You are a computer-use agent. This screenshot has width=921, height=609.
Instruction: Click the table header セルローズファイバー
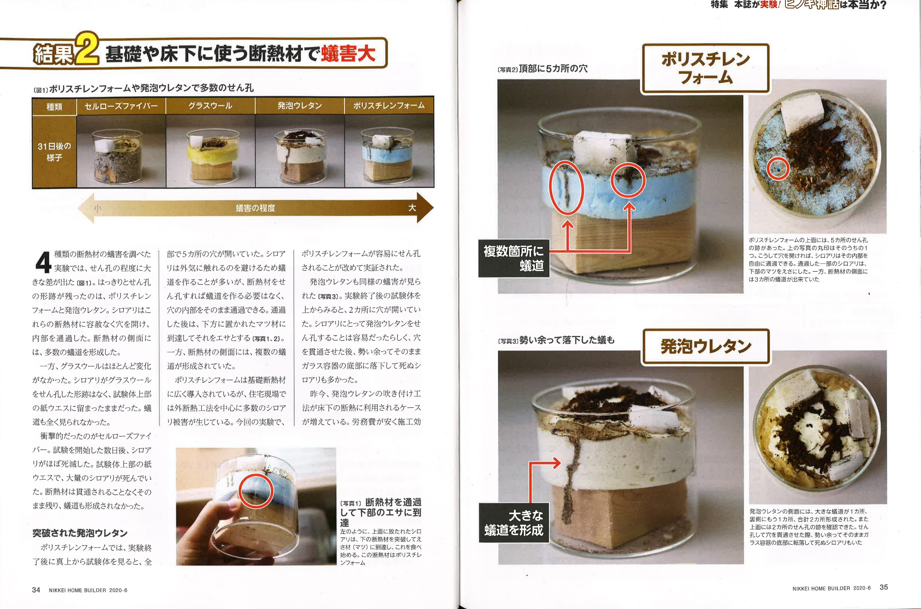coord(121,106)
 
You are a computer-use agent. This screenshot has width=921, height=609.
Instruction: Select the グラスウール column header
coord(211,106)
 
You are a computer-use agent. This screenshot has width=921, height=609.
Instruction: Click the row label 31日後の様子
coord(54,152)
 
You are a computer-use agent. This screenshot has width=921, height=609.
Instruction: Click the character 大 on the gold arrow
coord(412,207)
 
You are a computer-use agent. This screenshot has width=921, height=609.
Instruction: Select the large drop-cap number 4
coord(43,262)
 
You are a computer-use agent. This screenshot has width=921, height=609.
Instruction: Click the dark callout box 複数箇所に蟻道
coord(514,258)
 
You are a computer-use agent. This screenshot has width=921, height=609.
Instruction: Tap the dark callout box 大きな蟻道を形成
coord(514,523)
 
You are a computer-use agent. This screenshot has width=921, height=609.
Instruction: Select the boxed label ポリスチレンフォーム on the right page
coord(705,68)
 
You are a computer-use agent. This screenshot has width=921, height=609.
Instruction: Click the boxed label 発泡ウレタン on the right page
coord(706,347)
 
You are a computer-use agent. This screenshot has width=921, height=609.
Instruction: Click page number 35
coord(884,587)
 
